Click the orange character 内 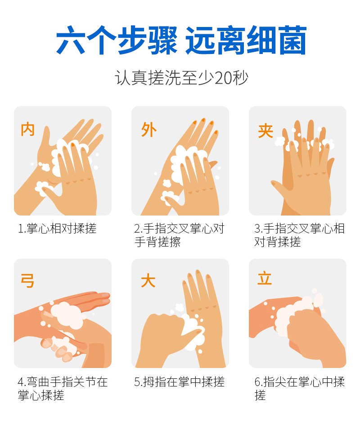coord(28,129)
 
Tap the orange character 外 coord(148,130)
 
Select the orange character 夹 coord(265,131)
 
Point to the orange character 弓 coord(28,281)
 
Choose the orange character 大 coord(148,280)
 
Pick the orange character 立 coord(265,278)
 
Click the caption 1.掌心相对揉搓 coord(57,229)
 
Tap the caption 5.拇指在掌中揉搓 coord(180,382)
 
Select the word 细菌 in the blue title coord(277,40)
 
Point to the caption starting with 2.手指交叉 coord(180,235)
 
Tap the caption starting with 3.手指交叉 coord(299,235)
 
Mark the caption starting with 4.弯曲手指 coord(63,388)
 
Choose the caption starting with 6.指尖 coord(299,388)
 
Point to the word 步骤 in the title coord(148,40)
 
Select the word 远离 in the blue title coord(216,40)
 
